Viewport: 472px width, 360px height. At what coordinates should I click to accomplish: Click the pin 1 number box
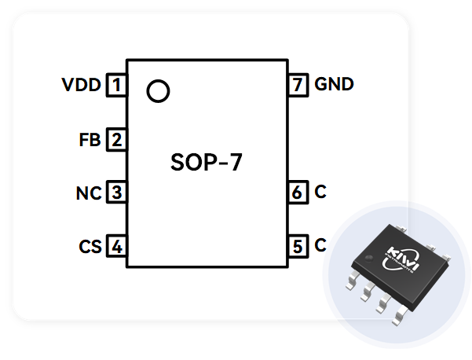pos(116,84)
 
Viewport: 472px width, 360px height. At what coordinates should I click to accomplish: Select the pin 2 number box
pos(116,141)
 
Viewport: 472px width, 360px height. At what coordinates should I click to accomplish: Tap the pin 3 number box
pos(116,193)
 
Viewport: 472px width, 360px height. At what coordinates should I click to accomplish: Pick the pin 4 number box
pos(116,247)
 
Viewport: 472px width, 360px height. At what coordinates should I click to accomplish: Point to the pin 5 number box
pos(298,247)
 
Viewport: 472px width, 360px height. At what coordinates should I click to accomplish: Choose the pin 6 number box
pos(298,192)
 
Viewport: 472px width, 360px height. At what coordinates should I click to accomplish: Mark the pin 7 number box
pos(298,84)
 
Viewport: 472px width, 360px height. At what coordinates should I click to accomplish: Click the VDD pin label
pos(82,85)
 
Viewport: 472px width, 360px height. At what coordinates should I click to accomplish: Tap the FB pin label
pos(90,141)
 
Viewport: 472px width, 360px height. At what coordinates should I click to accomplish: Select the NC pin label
pos(88,193)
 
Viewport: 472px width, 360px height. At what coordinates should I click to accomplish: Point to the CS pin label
pos(90,247)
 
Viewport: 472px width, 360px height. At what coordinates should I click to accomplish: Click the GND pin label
pos(334,84)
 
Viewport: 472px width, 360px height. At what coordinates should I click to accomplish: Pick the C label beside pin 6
pos(320,192)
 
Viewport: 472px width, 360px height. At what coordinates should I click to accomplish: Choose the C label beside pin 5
pos(320,246)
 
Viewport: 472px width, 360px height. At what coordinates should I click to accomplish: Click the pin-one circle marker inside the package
pos(158,91)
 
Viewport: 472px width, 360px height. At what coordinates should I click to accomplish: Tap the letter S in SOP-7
pos(178,163)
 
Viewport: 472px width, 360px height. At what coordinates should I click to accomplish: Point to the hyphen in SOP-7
pos(221,164)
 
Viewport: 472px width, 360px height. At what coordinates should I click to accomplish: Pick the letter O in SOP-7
pos(193,163)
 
